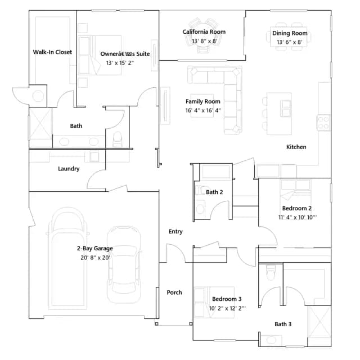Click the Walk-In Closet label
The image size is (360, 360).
point(52,52)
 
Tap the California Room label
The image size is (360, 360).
point(204,31)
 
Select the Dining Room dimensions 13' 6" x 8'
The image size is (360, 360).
point(289,42)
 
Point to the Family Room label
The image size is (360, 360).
point(202,101)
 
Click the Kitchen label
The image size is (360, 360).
point(296,147)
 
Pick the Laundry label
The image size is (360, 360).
point(69,169)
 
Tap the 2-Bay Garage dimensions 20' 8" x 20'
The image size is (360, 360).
point(95,258)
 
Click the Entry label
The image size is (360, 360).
point(175,231)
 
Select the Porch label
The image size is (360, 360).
point(174,292)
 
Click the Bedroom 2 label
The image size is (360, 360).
point(297,208)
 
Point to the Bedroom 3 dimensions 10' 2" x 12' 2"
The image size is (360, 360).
point(227,308)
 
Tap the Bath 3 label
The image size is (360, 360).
point(283,324)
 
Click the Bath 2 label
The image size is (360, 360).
point(214,192)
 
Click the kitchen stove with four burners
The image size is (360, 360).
point(323,123)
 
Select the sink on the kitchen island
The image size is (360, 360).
point(286,109)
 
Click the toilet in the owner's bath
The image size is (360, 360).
point(118,139)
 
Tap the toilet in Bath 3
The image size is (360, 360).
point(271,272)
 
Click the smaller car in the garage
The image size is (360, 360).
point(124,264)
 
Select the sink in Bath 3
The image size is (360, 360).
point(271,340)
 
